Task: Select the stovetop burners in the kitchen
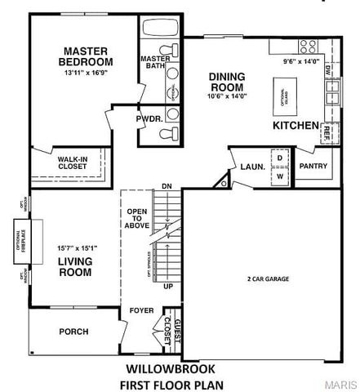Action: pyautogui.click(x=309, y=46)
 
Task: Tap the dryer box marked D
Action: pyautogui.click(x=280, y=158)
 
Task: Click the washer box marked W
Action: pyautogui.click(x=280, y=175)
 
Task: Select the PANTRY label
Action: pyautogui.click(x=313, y=166)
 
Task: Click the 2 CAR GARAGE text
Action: pyautogui.click(x=269, y=278)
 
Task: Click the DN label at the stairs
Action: pyautogui.click(x=167, y=186)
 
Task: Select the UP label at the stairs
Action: pyautogui.click(x=168, y=287)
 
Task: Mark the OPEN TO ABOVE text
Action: pyautogui.click(x=136, y=219)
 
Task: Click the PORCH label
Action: pyautogui.click(x=73, y=332)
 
